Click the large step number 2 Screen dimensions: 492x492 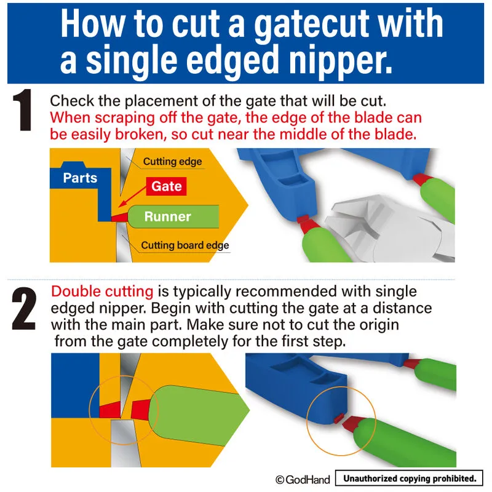[x=24, y=309]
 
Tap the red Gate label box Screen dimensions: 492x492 [x=166, y=186]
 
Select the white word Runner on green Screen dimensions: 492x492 [x=167, y=216]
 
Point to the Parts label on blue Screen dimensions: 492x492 [x=80, y=178]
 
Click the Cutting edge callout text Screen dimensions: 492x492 [x=172, y=162]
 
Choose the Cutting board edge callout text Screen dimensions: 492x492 [x=185, y=245]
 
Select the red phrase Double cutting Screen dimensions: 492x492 [x=102, y=291]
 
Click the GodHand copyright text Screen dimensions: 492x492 [x=303, y=480]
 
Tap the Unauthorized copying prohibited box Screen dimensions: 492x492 [x=409, y=478]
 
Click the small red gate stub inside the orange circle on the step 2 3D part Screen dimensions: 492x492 [x=338, y=418]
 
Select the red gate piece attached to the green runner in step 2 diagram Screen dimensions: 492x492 [x=140, y=410]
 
